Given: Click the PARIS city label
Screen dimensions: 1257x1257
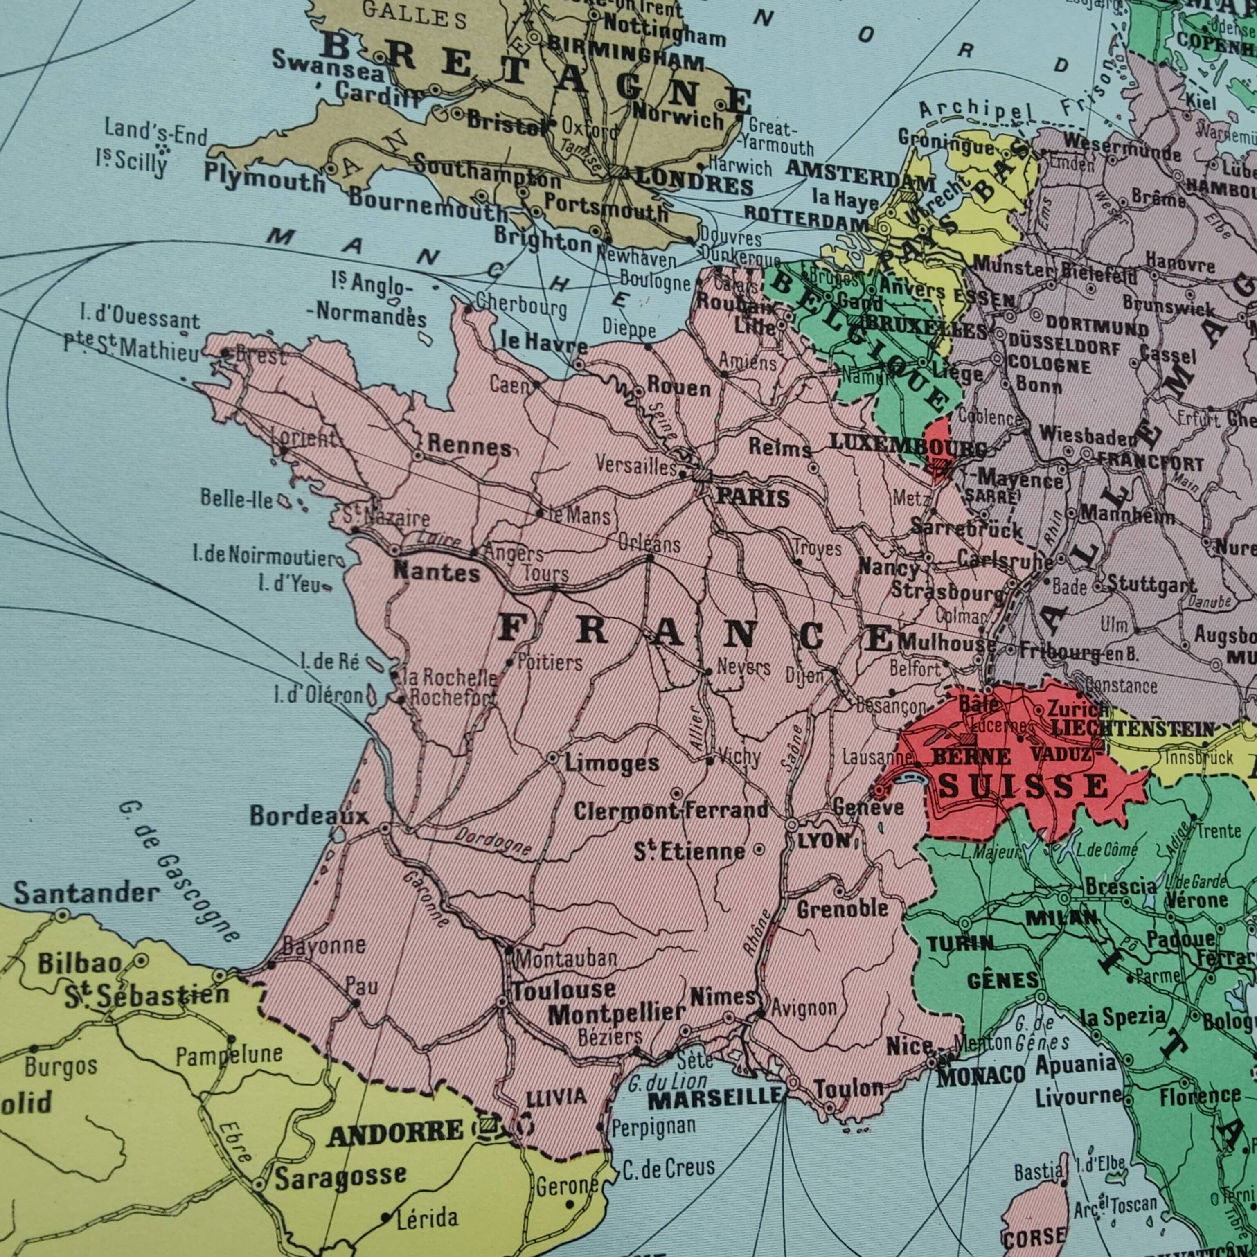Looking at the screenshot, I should [x=753, y=498].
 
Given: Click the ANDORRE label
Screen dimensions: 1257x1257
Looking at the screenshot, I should [x=395, y=1135].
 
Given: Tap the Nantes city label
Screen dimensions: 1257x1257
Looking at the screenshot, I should [x=437, y=572].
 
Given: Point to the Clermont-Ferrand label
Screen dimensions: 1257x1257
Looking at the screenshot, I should [x=671, y=811].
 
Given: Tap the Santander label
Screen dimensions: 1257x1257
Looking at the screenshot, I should [x=86, y=893].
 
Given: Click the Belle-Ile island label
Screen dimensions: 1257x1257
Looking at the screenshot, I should [x=237, y=499].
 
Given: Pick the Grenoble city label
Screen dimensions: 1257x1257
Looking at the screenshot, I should [x=843, y=908].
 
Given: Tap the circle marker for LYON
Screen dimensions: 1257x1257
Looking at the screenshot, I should [x=792, y=825].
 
